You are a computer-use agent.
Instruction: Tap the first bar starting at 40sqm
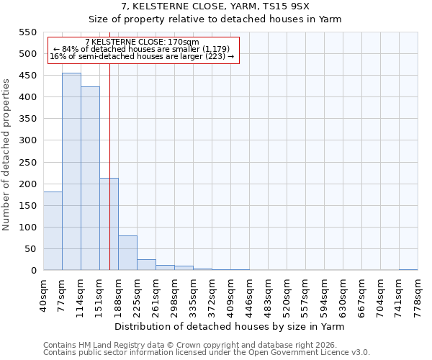point(53,230)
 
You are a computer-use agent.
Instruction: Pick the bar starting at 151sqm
point(109,224)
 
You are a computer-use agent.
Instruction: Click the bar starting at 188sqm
point(127,253)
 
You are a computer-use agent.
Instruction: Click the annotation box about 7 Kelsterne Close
point(142,50)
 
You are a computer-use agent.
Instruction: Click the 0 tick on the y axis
point(32,271)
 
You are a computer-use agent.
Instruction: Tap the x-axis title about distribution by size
point(230,326)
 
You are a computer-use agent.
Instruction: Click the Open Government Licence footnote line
point(207,353)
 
